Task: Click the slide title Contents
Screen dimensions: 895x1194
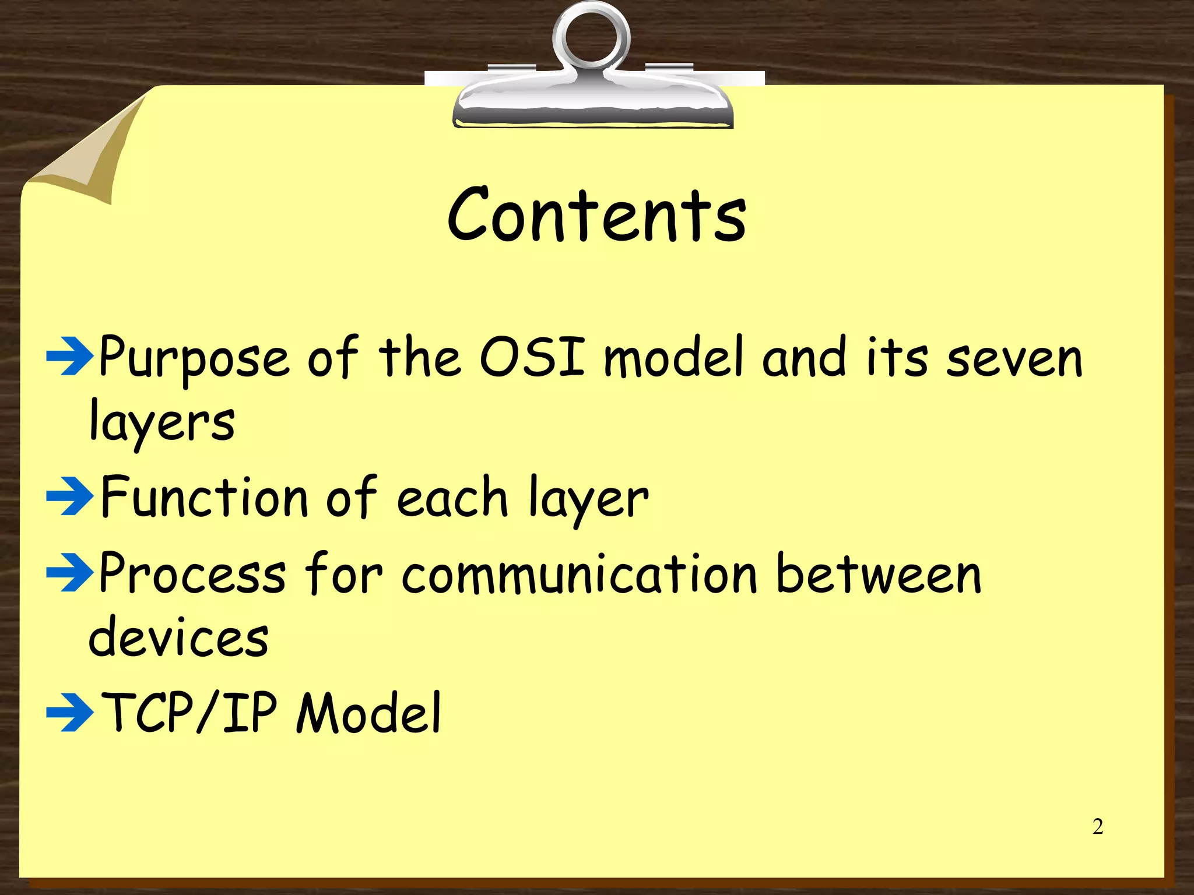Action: [x=597, y=216]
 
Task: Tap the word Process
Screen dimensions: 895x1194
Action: [x=192, y=575]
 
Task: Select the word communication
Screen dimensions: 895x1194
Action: [x=580, y=575]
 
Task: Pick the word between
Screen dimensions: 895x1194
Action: [x=879, y=575]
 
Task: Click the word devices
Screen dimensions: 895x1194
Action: [x=178, y=637]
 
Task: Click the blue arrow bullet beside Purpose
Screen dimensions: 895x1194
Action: [x=69, y=356]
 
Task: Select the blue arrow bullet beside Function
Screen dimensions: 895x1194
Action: [x=69, y=496]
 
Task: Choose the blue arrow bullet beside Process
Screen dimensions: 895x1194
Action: [x=69, y=573]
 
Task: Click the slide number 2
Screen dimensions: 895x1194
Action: [x=1098, y=827]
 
